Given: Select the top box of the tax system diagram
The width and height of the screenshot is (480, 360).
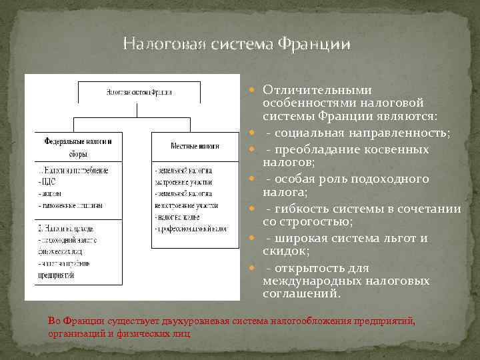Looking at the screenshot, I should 139,93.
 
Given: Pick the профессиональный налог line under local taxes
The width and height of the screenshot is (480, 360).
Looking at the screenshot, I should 191,229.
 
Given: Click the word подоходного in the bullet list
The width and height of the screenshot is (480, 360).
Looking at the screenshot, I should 399,179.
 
